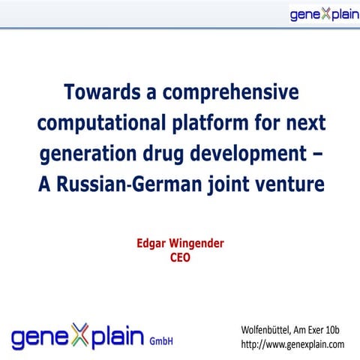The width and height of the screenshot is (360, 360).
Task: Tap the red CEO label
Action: click(x=181, y=258)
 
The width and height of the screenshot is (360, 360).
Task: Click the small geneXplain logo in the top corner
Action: click(x=322, y=14)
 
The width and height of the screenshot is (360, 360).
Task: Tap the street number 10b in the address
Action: click(x=334, y=330)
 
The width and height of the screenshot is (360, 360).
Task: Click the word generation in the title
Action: click(x=94, y=153)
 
